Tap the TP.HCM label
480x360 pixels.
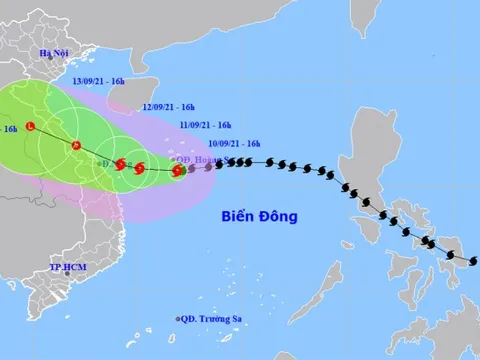[67, 268]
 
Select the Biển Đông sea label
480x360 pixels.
[258, 215]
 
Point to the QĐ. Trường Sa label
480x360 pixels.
[213, 319]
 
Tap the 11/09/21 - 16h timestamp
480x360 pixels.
[205, 125]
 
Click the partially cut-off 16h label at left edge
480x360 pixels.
[9, 129]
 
